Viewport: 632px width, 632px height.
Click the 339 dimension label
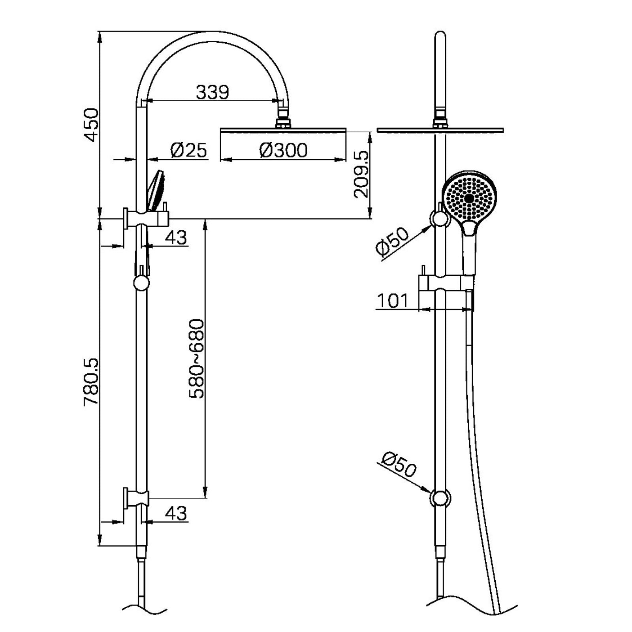(213, 92)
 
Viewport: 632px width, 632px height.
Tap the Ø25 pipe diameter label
(188, 150)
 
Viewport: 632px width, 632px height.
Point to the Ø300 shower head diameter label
(283, 150)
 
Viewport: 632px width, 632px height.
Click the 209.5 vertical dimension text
(361, 174)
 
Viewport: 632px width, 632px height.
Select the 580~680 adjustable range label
(196, 359)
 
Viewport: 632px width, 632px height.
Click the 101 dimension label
(392, 301)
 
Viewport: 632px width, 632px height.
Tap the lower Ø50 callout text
(399, 465)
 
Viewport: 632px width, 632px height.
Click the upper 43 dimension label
(176, 237)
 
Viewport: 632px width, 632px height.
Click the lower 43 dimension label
(176, 513)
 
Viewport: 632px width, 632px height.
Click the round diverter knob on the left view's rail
(141, 283)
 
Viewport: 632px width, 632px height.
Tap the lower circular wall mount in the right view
(440, 498)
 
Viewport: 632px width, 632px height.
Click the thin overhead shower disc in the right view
(440, 130)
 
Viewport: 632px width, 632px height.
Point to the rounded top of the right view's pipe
(440, 38)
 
